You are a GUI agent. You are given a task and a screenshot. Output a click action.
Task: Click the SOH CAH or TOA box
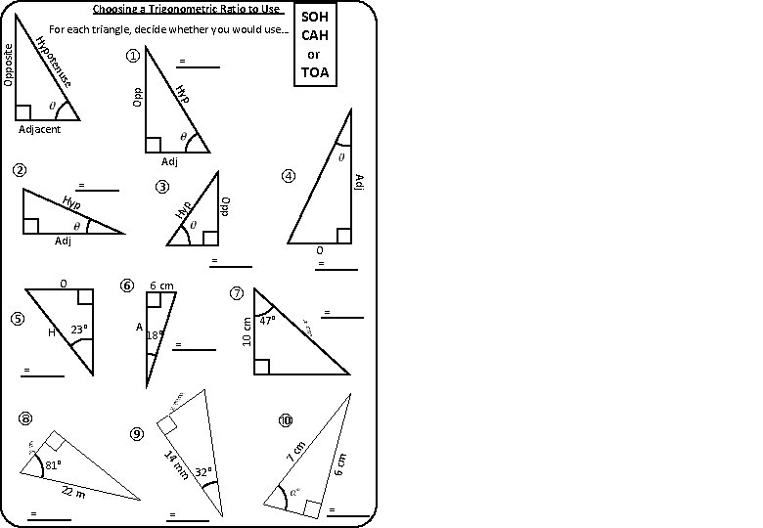point(316,45)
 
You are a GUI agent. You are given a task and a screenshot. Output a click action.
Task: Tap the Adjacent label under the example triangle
point(40,129)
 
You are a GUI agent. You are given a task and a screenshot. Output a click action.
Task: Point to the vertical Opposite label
point(9,64)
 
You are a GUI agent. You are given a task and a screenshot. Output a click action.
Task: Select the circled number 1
point(133,57)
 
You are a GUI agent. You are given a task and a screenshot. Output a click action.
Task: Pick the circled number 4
point(288,176)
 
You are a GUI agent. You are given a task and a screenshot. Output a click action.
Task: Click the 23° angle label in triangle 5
point(79,330)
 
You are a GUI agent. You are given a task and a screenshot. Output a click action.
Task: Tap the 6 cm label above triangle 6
point(161,286)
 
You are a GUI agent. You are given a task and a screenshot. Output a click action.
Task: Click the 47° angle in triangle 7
point(267,320)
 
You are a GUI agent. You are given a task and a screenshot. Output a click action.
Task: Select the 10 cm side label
point(247,331)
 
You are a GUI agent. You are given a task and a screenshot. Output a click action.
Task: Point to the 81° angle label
point(53,464)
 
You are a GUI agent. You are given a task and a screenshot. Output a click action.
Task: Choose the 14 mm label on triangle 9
point(176,464)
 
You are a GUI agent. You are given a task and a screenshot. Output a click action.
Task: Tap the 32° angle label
point(203,472)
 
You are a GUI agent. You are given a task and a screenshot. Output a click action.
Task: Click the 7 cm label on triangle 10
point(295,453)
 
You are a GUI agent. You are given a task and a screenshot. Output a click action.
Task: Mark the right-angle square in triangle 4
point(343,235)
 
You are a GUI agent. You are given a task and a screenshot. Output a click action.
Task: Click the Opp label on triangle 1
point(138,95)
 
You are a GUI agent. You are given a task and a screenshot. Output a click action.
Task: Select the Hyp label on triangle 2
point(71,203)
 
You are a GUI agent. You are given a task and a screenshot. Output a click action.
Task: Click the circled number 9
point(137,433)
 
